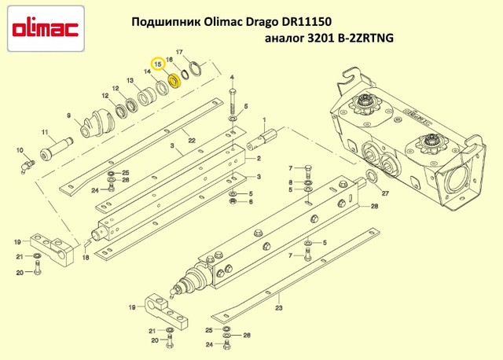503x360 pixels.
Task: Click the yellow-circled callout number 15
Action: tap(159, 63)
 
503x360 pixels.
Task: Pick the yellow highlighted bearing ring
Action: tap(175, 80)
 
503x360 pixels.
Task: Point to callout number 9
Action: tap(69, 116)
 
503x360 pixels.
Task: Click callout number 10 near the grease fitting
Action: tap(19, 148)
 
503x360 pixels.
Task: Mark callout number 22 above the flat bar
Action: tap(191, 140)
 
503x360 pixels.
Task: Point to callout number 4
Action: tap(233, 78)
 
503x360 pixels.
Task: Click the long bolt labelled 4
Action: tap(233, 101)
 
